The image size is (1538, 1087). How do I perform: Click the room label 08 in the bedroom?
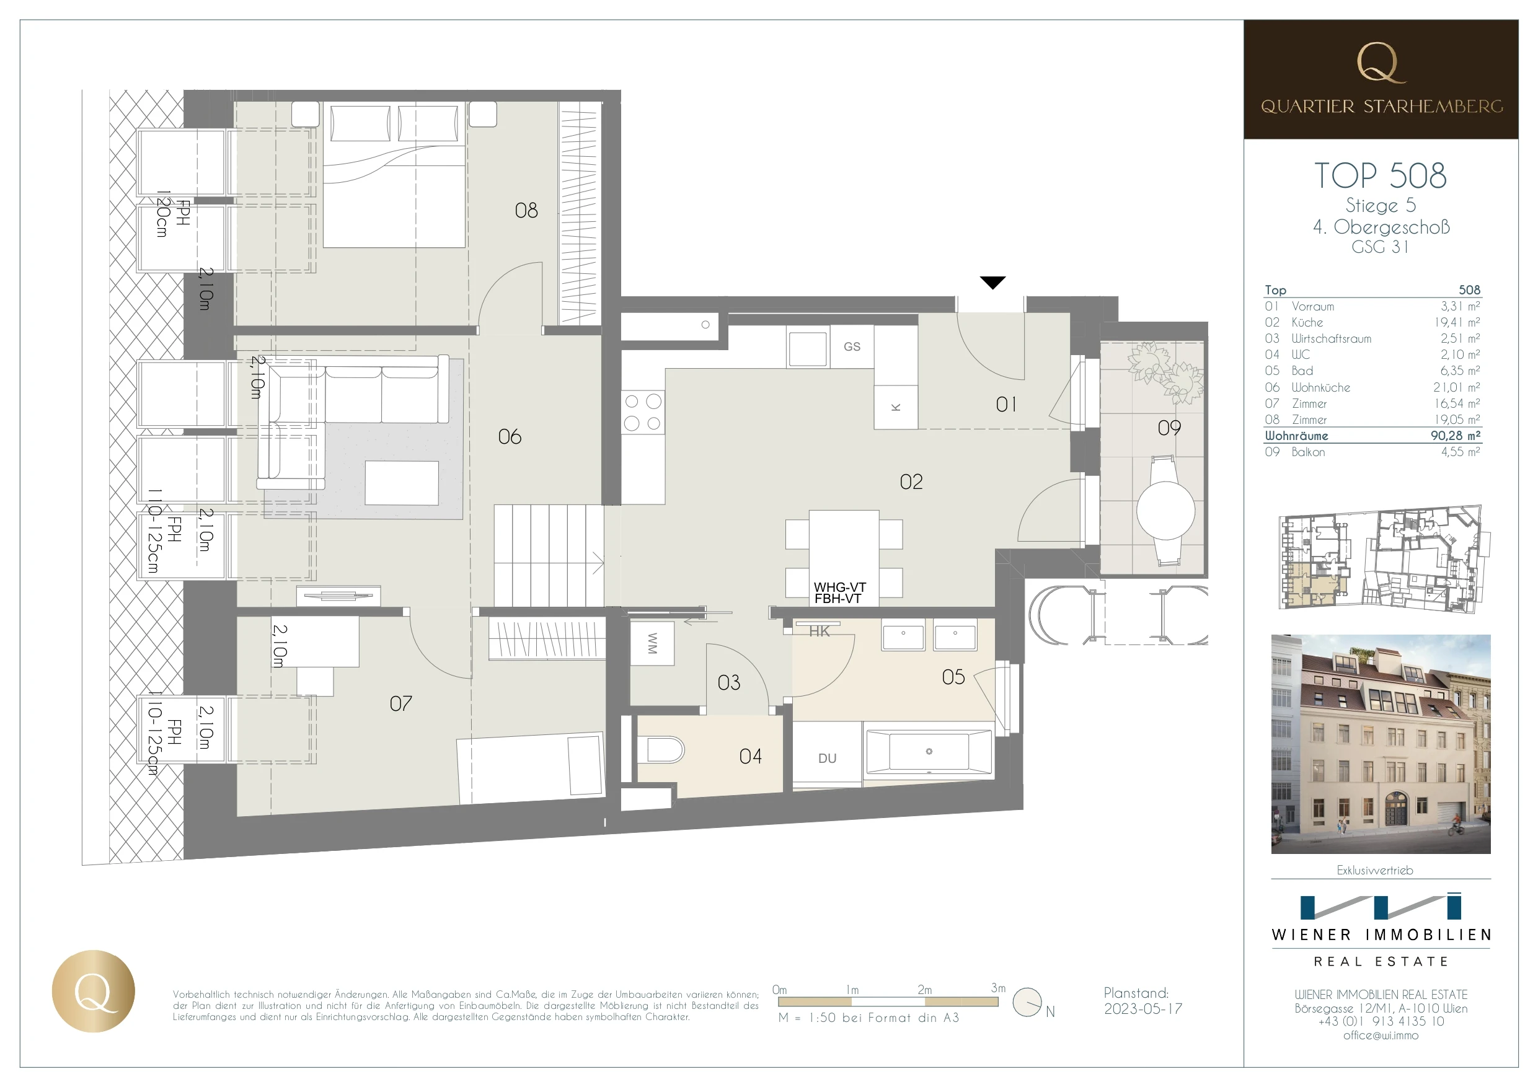[526, 210]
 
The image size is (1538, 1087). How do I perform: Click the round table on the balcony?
[1165, 511]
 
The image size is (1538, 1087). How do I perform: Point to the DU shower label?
[828, 758]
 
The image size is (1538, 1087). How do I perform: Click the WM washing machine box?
[652, 643]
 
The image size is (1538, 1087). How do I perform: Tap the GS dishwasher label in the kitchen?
[852, 346]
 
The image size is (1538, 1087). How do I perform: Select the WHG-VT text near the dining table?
[840, 588]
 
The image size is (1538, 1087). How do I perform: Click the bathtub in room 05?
[929, 752]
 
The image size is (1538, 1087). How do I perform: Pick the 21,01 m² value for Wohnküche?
[1456, 387]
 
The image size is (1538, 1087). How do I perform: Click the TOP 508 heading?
[1381, 175]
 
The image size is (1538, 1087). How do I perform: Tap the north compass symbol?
[1027, 1002]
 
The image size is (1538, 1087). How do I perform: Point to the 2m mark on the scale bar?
[924, 989]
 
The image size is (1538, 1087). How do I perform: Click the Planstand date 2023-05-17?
[1142, 1009]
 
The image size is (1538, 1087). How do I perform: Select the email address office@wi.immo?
[1381, 1036]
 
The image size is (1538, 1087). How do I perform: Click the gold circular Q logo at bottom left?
[93, 990]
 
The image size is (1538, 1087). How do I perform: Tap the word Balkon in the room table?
[1307, 452]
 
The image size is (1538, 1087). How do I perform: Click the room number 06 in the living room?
[509, 437]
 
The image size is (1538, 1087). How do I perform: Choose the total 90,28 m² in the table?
[1456, 435]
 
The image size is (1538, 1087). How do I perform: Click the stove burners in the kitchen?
[642, 412]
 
